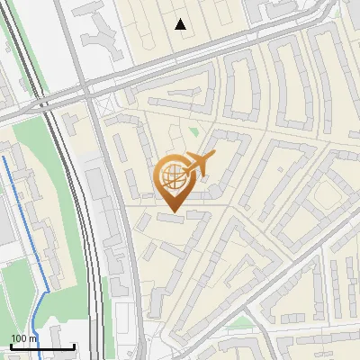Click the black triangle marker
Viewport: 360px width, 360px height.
point(181,24)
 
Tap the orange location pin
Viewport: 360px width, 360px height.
point(173,181)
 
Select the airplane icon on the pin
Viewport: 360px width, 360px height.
point(198,164)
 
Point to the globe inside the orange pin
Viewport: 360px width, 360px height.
point(173,176)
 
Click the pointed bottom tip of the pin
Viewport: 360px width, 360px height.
point(173,211)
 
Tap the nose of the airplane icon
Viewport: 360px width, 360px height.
point(214,156)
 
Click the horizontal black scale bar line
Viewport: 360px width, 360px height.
point(41,347)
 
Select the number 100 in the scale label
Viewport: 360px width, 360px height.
point(18,339)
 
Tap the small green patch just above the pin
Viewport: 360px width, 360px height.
point(193,133)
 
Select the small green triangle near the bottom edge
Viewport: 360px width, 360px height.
point(238,320)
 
